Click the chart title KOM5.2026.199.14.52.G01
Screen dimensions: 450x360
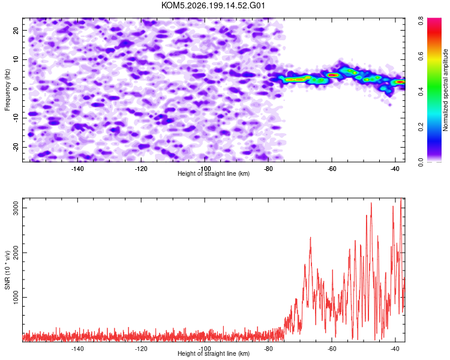point(213,5)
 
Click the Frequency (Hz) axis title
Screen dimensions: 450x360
point(7,90)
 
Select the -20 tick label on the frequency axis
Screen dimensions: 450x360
point(16,147)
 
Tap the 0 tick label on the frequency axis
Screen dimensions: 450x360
point(16,89)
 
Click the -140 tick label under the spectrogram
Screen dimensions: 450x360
point(77,169)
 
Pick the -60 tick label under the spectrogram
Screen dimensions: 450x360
point(332,169)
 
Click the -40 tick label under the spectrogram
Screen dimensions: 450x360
point(395,169)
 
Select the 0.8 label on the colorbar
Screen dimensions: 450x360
point(421,20)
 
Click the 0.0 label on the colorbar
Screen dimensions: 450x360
point(421,162)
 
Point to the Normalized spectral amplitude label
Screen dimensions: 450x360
point(445,90)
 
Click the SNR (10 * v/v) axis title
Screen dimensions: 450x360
point(7,270)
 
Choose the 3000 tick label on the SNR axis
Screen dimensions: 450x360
point(16,208)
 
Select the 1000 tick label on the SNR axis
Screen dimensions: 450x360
point(16,297)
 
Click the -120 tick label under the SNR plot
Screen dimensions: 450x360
point(141,349)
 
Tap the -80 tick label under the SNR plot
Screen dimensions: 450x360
point(268,349)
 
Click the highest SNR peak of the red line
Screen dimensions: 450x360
point(401,199)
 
